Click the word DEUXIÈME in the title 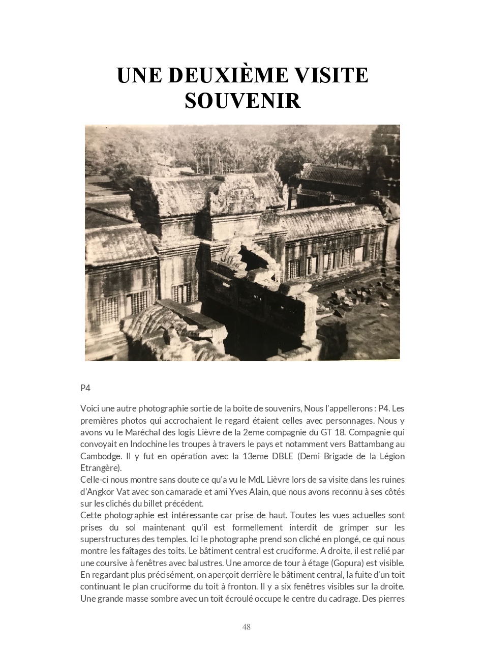tap(221, 75)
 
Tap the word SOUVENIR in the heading tap(243, 100)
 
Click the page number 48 tap(247, 627)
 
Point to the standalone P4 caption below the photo tap(85, 388)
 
